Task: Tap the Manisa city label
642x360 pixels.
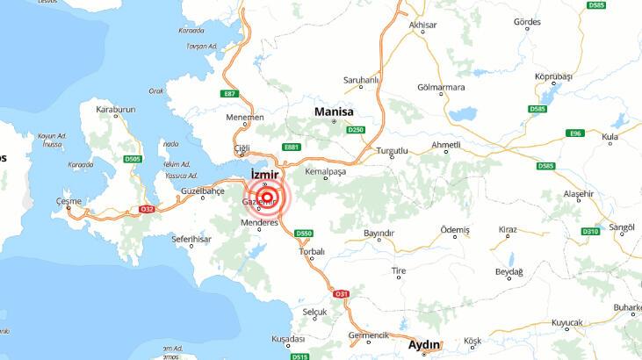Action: click(334, 112)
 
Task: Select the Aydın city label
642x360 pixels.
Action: click(425, 344)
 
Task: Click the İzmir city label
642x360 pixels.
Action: click(264, 175)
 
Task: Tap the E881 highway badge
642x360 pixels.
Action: click(292, 147)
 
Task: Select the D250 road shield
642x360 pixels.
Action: click(355, 129)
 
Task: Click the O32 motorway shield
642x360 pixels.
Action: click(147, 209)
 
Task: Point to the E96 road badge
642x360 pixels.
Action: click(576, 133)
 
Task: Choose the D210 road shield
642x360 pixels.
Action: click(590, 231)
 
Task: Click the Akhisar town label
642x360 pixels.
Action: click(422, 25)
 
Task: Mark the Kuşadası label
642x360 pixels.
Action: click(288, 338)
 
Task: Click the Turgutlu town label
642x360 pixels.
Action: click(392, 151)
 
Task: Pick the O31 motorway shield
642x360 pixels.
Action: click(342, 293)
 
